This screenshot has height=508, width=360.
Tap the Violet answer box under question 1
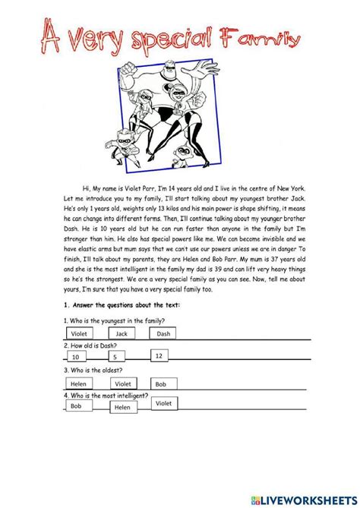tap(80, 333)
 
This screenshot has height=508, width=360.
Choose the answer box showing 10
tap(76, 357)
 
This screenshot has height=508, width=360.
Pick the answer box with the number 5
tap(115, 357)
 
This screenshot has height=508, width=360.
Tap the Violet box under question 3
tap(124, 384)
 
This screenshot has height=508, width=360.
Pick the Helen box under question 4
tap(122, 408)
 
